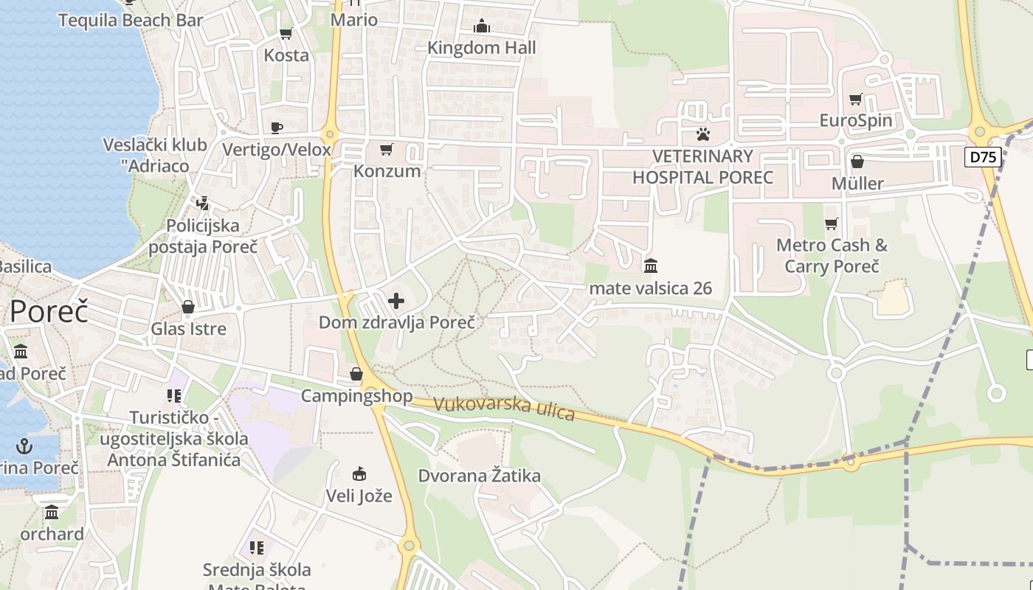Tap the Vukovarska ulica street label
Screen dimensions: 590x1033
(x=504, y=408)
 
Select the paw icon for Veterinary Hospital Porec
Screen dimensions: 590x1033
(x=703, y=134)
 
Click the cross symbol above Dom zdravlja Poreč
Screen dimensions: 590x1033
(x=396, y=300)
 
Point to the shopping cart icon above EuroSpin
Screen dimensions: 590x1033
(x=856, y=99)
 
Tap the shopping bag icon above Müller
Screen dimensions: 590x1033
(x=857, y=161)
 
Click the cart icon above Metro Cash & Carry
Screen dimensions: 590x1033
(x=832, y=223)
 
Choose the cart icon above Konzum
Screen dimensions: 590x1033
(x=386, y=150)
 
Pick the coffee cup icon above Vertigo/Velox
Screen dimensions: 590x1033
(x=277, y=128)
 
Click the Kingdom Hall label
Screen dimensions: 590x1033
(x=482, y=48)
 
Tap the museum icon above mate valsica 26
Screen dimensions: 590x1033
(x=651, y=265)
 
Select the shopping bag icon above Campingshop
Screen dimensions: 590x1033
(x=356, y=375)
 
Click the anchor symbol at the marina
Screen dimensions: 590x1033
(x=25, y=445)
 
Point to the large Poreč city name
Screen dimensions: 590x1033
(x=49, y=311)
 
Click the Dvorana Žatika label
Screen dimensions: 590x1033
(x=480, y=476)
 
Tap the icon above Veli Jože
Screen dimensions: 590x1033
(x=359, y=473)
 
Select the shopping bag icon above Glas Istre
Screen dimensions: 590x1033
(x=188, y=307)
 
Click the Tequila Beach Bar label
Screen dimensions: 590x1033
(x=131, y=20)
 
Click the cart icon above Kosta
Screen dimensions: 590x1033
(x=286, y=33)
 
